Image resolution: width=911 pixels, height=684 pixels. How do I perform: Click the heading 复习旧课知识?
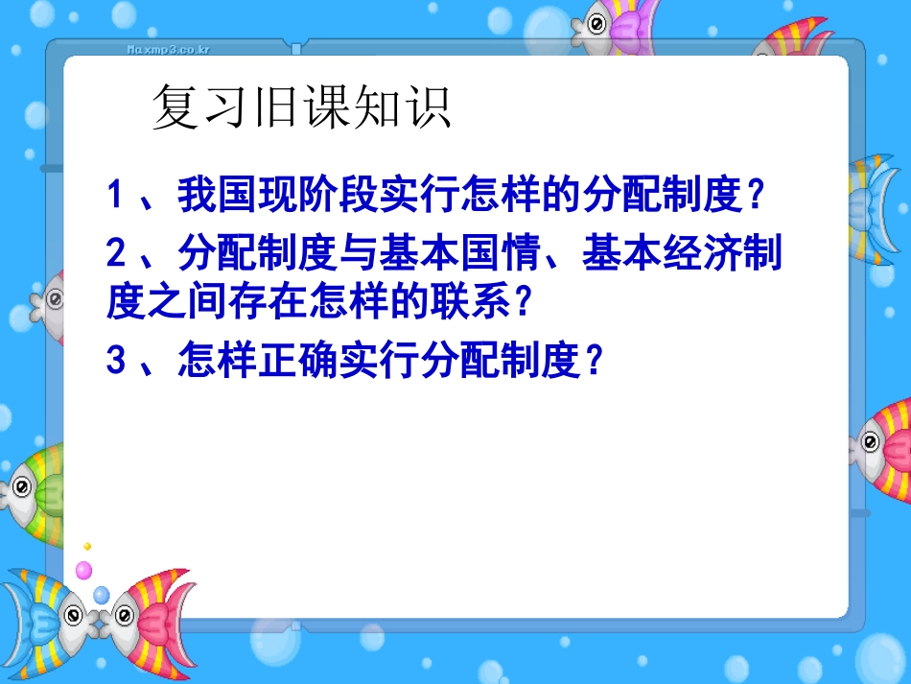(x=301, y=109)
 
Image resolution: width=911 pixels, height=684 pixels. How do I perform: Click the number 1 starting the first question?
(x=116, y=197)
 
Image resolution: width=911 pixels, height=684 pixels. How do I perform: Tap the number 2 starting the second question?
(x=116, y=255)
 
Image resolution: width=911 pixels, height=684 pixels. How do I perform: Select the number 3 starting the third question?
(x=116, y=362)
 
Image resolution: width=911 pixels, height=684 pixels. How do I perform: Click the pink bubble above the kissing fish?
(x=84, y=570)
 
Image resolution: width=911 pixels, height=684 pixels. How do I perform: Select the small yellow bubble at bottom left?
(x=87, y=546)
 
